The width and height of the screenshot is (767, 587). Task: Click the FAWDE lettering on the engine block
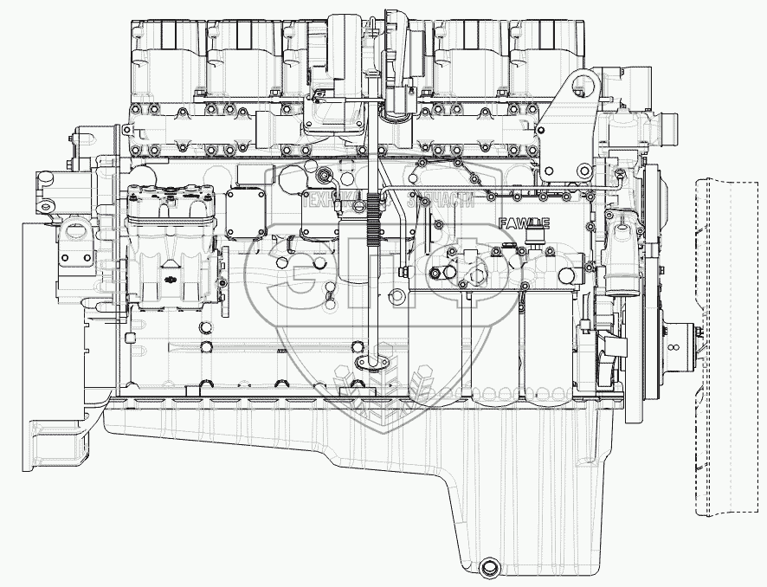[x=525, y=223]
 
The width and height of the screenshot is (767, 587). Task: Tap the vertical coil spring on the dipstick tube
[x=375, y=222]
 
